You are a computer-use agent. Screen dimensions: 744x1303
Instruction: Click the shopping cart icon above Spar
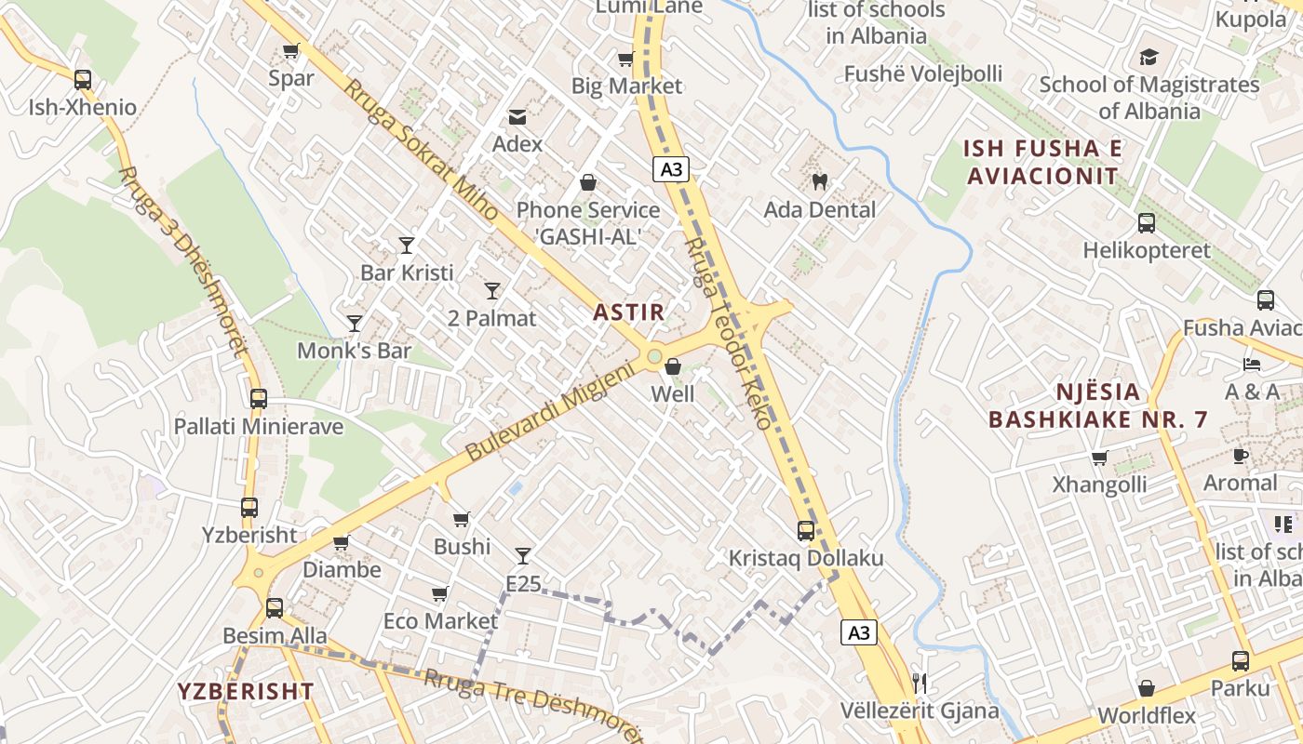pos(290,50)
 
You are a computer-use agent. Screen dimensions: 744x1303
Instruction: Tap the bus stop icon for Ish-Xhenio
pos(83,80)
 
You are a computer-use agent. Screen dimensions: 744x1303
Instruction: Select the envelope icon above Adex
pos(517,117)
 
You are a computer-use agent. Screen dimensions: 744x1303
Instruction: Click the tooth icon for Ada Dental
pos(820,181)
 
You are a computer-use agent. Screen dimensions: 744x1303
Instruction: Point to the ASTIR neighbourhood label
pos(630,312)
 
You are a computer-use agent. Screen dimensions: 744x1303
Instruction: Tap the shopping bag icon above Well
pos(673,366)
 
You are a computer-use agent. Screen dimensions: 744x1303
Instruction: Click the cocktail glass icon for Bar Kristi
pos(407,246)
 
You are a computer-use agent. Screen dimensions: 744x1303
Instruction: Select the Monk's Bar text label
pos(354,351)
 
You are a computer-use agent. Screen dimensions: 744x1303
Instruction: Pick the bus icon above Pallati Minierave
pos(259,399)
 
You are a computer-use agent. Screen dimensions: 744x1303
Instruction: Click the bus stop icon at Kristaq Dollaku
pos(806,531)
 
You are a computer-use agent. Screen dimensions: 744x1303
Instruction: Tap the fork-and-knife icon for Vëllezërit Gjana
pos(920,684)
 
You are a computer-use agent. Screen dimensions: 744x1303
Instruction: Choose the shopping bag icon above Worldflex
pos(1147,688)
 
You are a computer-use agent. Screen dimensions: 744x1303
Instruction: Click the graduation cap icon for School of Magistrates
pos(1149,57)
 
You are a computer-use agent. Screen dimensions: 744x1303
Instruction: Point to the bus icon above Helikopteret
pos(1147,223)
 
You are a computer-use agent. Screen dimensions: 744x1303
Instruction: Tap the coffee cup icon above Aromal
pos(1240,456)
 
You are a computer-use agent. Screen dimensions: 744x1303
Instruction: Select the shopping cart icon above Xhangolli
pos(1099,458)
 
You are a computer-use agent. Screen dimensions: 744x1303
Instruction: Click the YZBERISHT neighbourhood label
pos(246,691)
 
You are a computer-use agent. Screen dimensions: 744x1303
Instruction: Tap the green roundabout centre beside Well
pos(654,356)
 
